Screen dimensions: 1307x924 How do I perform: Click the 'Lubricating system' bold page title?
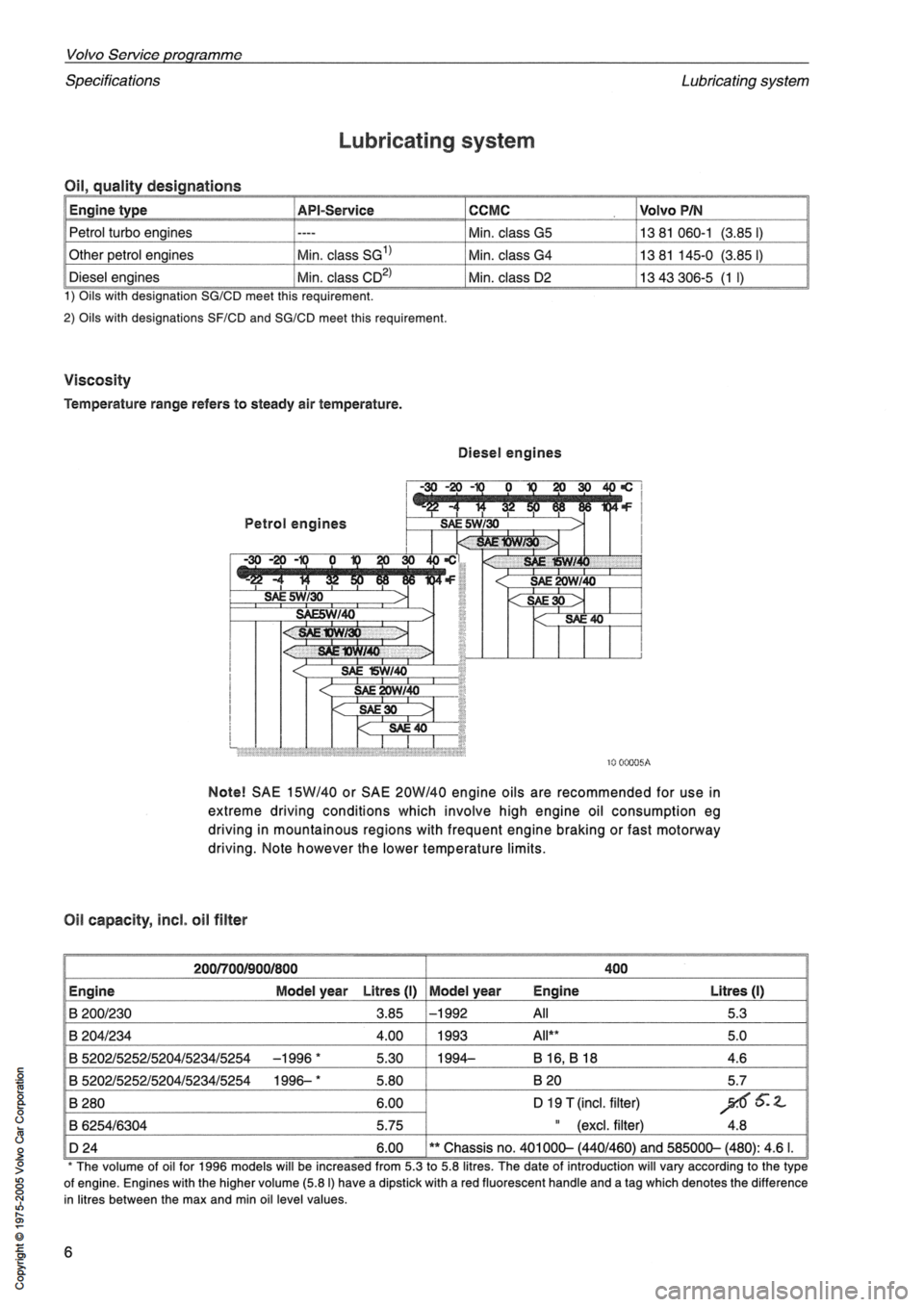tap(436, 141)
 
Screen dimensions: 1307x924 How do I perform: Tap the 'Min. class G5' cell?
tap(509, 232)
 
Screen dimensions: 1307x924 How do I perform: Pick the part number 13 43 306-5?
tap(674, 278)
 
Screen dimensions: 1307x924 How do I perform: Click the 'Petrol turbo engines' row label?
tap(130, 232)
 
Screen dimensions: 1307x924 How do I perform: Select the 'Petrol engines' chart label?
tap(295, 524)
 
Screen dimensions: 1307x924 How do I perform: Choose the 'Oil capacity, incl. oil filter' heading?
tap(155, 920)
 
